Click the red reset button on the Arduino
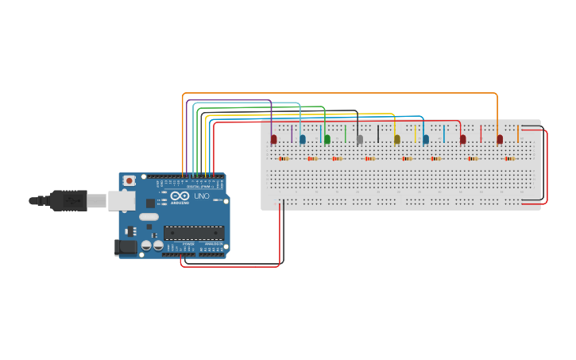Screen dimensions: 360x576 pos(129,181)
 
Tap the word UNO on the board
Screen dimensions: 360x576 pos(202,196)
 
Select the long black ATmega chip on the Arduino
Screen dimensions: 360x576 pos(193,233)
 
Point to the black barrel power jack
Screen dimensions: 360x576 pos(126,248)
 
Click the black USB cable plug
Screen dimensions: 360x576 pos(68,201)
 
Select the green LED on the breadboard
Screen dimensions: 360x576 pos(327,140)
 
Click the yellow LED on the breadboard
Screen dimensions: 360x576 pos(397,140)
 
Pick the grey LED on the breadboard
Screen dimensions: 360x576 pos(360,140)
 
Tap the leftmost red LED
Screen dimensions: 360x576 pos(274,140)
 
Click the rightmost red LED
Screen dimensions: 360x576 pos(500,140)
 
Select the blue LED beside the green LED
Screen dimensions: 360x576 pos(303,140)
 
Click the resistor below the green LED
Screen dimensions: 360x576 pos(337,158)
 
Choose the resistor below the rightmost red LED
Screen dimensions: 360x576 pos(509,158)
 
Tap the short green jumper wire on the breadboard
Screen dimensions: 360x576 pos(345,133)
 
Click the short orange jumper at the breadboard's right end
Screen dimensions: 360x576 pos(518,133)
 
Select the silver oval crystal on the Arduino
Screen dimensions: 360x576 pos(149,216)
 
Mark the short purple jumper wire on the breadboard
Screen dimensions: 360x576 pos(292,133)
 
